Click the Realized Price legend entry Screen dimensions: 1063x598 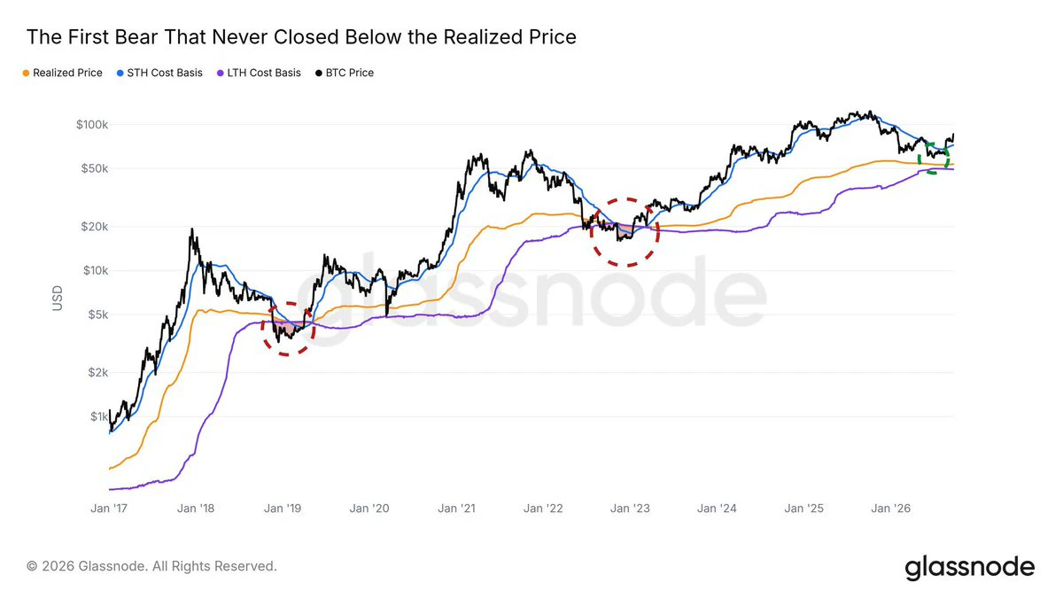[63, 73]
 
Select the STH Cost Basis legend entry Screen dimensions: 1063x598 [160, 73]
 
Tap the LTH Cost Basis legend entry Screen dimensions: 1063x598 [259, 73]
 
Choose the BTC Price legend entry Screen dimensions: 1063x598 [345, 73]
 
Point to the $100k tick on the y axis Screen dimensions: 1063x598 [92, 124]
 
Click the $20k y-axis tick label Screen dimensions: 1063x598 [95, 227]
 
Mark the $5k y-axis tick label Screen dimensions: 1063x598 [97, 315]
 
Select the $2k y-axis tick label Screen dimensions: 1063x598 [97, 373]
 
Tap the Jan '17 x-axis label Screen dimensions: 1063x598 [109, 509]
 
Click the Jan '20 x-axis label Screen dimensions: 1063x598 [369, 509]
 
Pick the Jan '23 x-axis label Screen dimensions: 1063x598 [630, 509]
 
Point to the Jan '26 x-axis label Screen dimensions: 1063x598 [891, 509]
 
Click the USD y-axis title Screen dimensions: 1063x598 [58, 298]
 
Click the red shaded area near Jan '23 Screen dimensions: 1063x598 [625, 231]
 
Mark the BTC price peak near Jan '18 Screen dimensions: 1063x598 [191, 229]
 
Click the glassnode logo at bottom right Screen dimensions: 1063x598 [969, 568]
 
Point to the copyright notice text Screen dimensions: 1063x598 [151, 566]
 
